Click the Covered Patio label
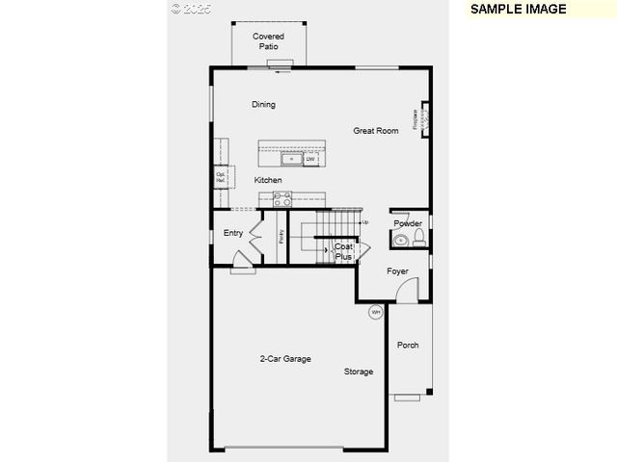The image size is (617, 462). tap(268, 41)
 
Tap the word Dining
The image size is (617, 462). tap(263, 105)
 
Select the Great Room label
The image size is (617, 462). tap(375, 131)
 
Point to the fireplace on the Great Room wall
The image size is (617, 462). tap(421, 118)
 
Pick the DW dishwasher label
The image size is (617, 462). tap(310, 159)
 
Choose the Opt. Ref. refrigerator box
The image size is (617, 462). tap(220, 178)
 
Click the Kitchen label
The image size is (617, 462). tap(268, 180)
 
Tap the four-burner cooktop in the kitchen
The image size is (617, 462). tap(282, 199)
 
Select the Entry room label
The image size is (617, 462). tap(233, 233)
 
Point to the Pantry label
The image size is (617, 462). tap(281, 235)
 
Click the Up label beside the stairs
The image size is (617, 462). tap(364, 222)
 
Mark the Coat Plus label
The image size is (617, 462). tap(343, 252)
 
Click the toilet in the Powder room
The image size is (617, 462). tap(418, 238)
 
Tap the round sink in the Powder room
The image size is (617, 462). tap(401, 240)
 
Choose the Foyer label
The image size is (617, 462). tap(398, 271)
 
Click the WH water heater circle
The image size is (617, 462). tap(376, 312)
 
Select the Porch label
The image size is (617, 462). tap(408, 345)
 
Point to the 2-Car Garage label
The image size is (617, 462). tap(285, 359)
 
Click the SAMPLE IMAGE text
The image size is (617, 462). tap(517, 9)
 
